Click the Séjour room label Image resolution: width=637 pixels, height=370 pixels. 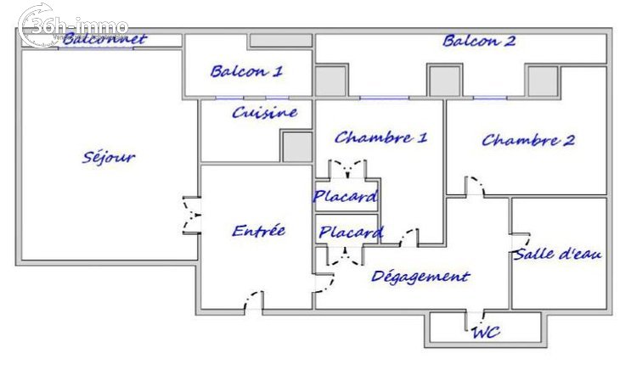[109, 157]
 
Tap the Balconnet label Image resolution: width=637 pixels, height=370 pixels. [104, 39]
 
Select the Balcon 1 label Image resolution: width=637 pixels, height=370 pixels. [246, 71]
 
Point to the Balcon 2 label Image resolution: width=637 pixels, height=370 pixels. [479, 41]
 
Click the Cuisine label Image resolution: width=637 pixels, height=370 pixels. [264, 112]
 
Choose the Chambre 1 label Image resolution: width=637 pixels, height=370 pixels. [381, 137]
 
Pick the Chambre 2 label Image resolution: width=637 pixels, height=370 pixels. [528, 140]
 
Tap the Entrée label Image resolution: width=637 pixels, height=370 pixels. [259, 231]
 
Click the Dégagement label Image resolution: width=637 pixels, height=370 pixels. [420, 277]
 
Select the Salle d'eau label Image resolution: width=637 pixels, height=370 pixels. [557, 254]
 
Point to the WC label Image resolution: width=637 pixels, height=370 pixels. [486, 333]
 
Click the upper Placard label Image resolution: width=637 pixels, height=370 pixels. [346, 196]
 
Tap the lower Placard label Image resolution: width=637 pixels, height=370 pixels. [351, 232]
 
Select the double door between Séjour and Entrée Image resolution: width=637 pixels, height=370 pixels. [191, 215]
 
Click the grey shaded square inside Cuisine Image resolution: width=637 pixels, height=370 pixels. [297, 147]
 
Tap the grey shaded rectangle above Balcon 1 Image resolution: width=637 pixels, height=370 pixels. [281, 40]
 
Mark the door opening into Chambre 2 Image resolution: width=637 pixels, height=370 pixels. [475, 186]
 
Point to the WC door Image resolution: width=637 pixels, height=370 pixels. [475, 321]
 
